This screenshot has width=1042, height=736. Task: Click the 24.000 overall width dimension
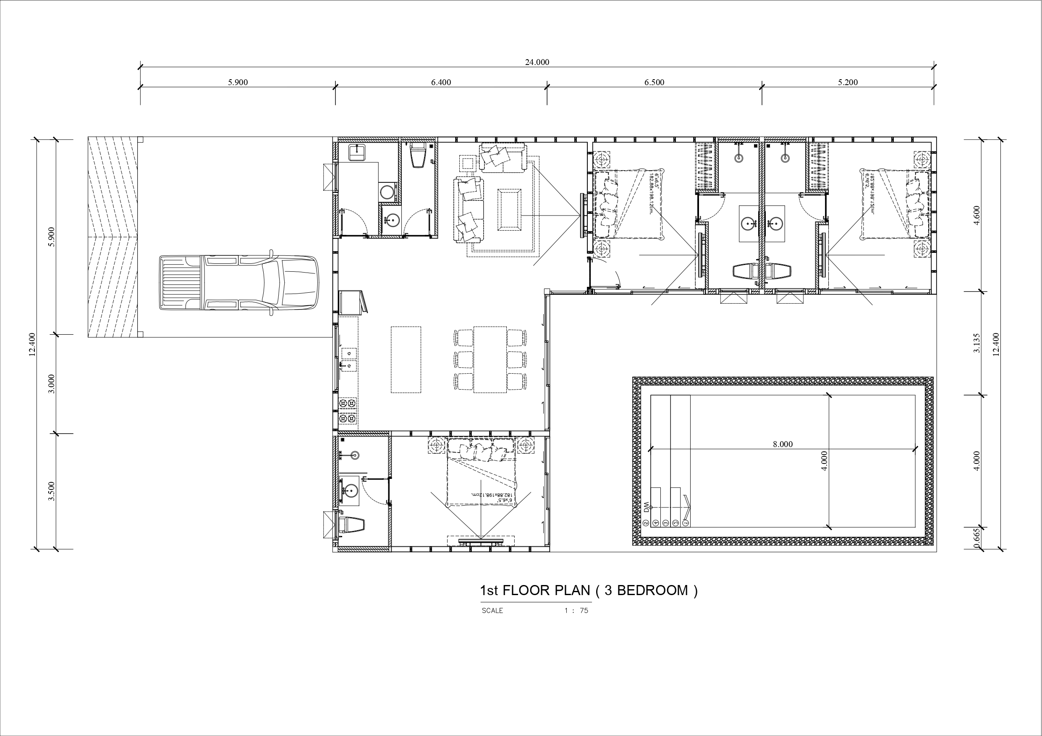tap(537, 62)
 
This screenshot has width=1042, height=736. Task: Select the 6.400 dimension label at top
tap(441, 82)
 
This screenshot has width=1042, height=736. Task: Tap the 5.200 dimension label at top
tap(847, 82)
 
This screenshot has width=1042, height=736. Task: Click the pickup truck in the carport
tap(239, 282)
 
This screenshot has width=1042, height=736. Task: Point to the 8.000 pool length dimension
tap(783, 444)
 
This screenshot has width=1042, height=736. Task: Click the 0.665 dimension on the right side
tap(977, 539)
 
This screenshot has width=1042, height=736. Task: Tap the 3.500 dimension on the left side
tap(51, 491)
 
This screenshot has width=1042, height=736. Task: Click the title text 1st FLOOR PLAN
tap(536, 590)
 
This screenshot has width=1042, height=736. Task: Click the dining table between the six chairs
tap(490, 359)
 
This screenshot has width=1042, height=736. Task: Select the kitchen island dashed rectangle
tap(406, 359)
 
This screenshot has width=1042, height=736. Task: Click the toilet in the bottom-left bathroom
tap(352, 525)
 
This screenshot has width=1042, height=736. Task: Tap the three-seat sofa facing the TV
tap(468, 210)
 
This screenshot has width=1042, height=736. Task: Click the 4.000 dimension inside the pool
tap(824, 460)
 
